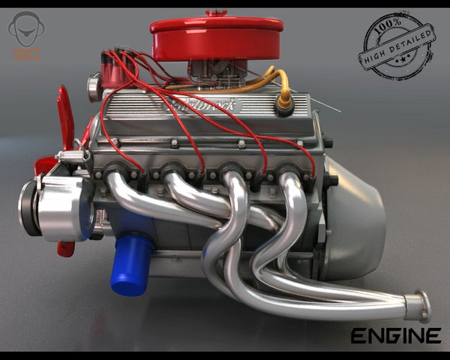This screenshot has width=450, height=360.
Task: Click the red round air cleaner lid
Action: (215, 36)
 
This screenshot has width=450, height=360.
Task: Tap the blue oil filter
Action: (131, 264)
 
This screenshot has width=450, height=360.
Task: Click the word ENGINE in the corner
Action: (395, 334)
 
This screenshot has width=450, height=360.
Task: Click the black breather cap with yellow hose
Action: (284, 106)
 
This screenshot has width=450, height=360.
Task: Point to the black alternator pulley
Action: (27, 204)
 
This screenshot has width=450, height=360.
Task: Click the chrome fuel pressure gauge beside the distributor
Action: (93, 88)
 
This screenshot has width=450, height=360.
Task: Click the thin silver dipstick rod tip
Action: (339, 111)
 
